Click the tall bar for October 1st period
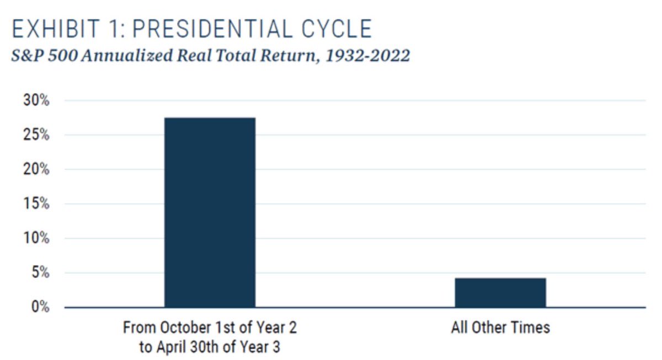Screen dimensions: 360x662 click(x=210, y=212)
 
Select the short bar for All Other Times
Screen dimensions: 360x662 click(x=500, y=293)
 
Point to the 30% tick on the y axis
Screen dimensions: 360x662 click(x=36, y=101)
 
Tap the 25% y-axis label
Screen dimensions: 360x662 click(x=36, y=136)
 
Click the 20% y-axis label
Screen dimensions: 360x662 click(x=36, y=170)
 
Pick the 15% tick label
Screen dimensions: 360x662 click(x=36, y=205)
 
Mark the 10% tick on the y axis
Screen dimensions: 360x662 click(x=36, y=239)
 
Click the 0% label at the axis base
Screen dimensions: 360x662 click(x=40, y=307)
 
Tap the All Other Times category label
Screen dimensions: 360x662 click(x=500, y=327)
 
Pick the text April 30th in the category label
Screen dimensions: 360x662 click(x=181, y=347)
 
